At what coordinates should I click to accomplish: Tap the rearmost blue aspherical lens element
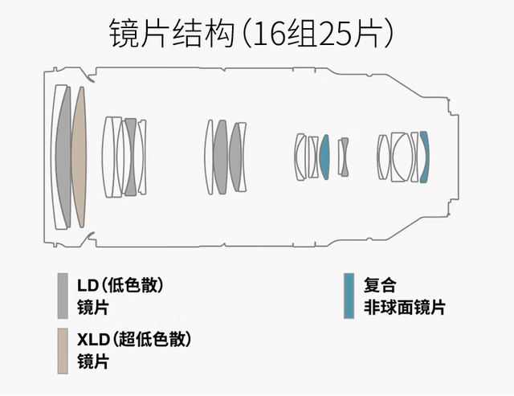(x=424, y=157)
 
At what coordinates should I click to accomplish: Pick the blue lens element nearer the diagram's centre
(x=324, y=157)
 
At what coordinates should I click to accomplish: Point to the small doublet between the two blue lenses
(x=344, y=157)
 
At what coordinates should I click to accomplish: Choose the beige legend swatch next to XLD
(x=62, y=351)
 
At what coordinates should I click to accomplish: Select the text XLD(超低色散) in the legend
(x=134, y=340)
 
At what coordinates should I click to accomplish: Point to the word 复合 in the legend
(x=380, y=285)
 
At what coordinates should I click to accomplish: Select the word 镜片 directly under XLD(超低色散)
(x=92, y=362)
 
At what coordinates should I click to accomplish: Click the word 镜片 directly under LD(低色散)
(x=92, y=308)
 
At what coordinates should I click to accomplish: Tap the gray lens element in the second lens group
(x=130, y=157)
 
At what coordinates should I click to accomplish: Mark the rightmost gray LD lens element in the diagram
(x=235, y=157)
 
